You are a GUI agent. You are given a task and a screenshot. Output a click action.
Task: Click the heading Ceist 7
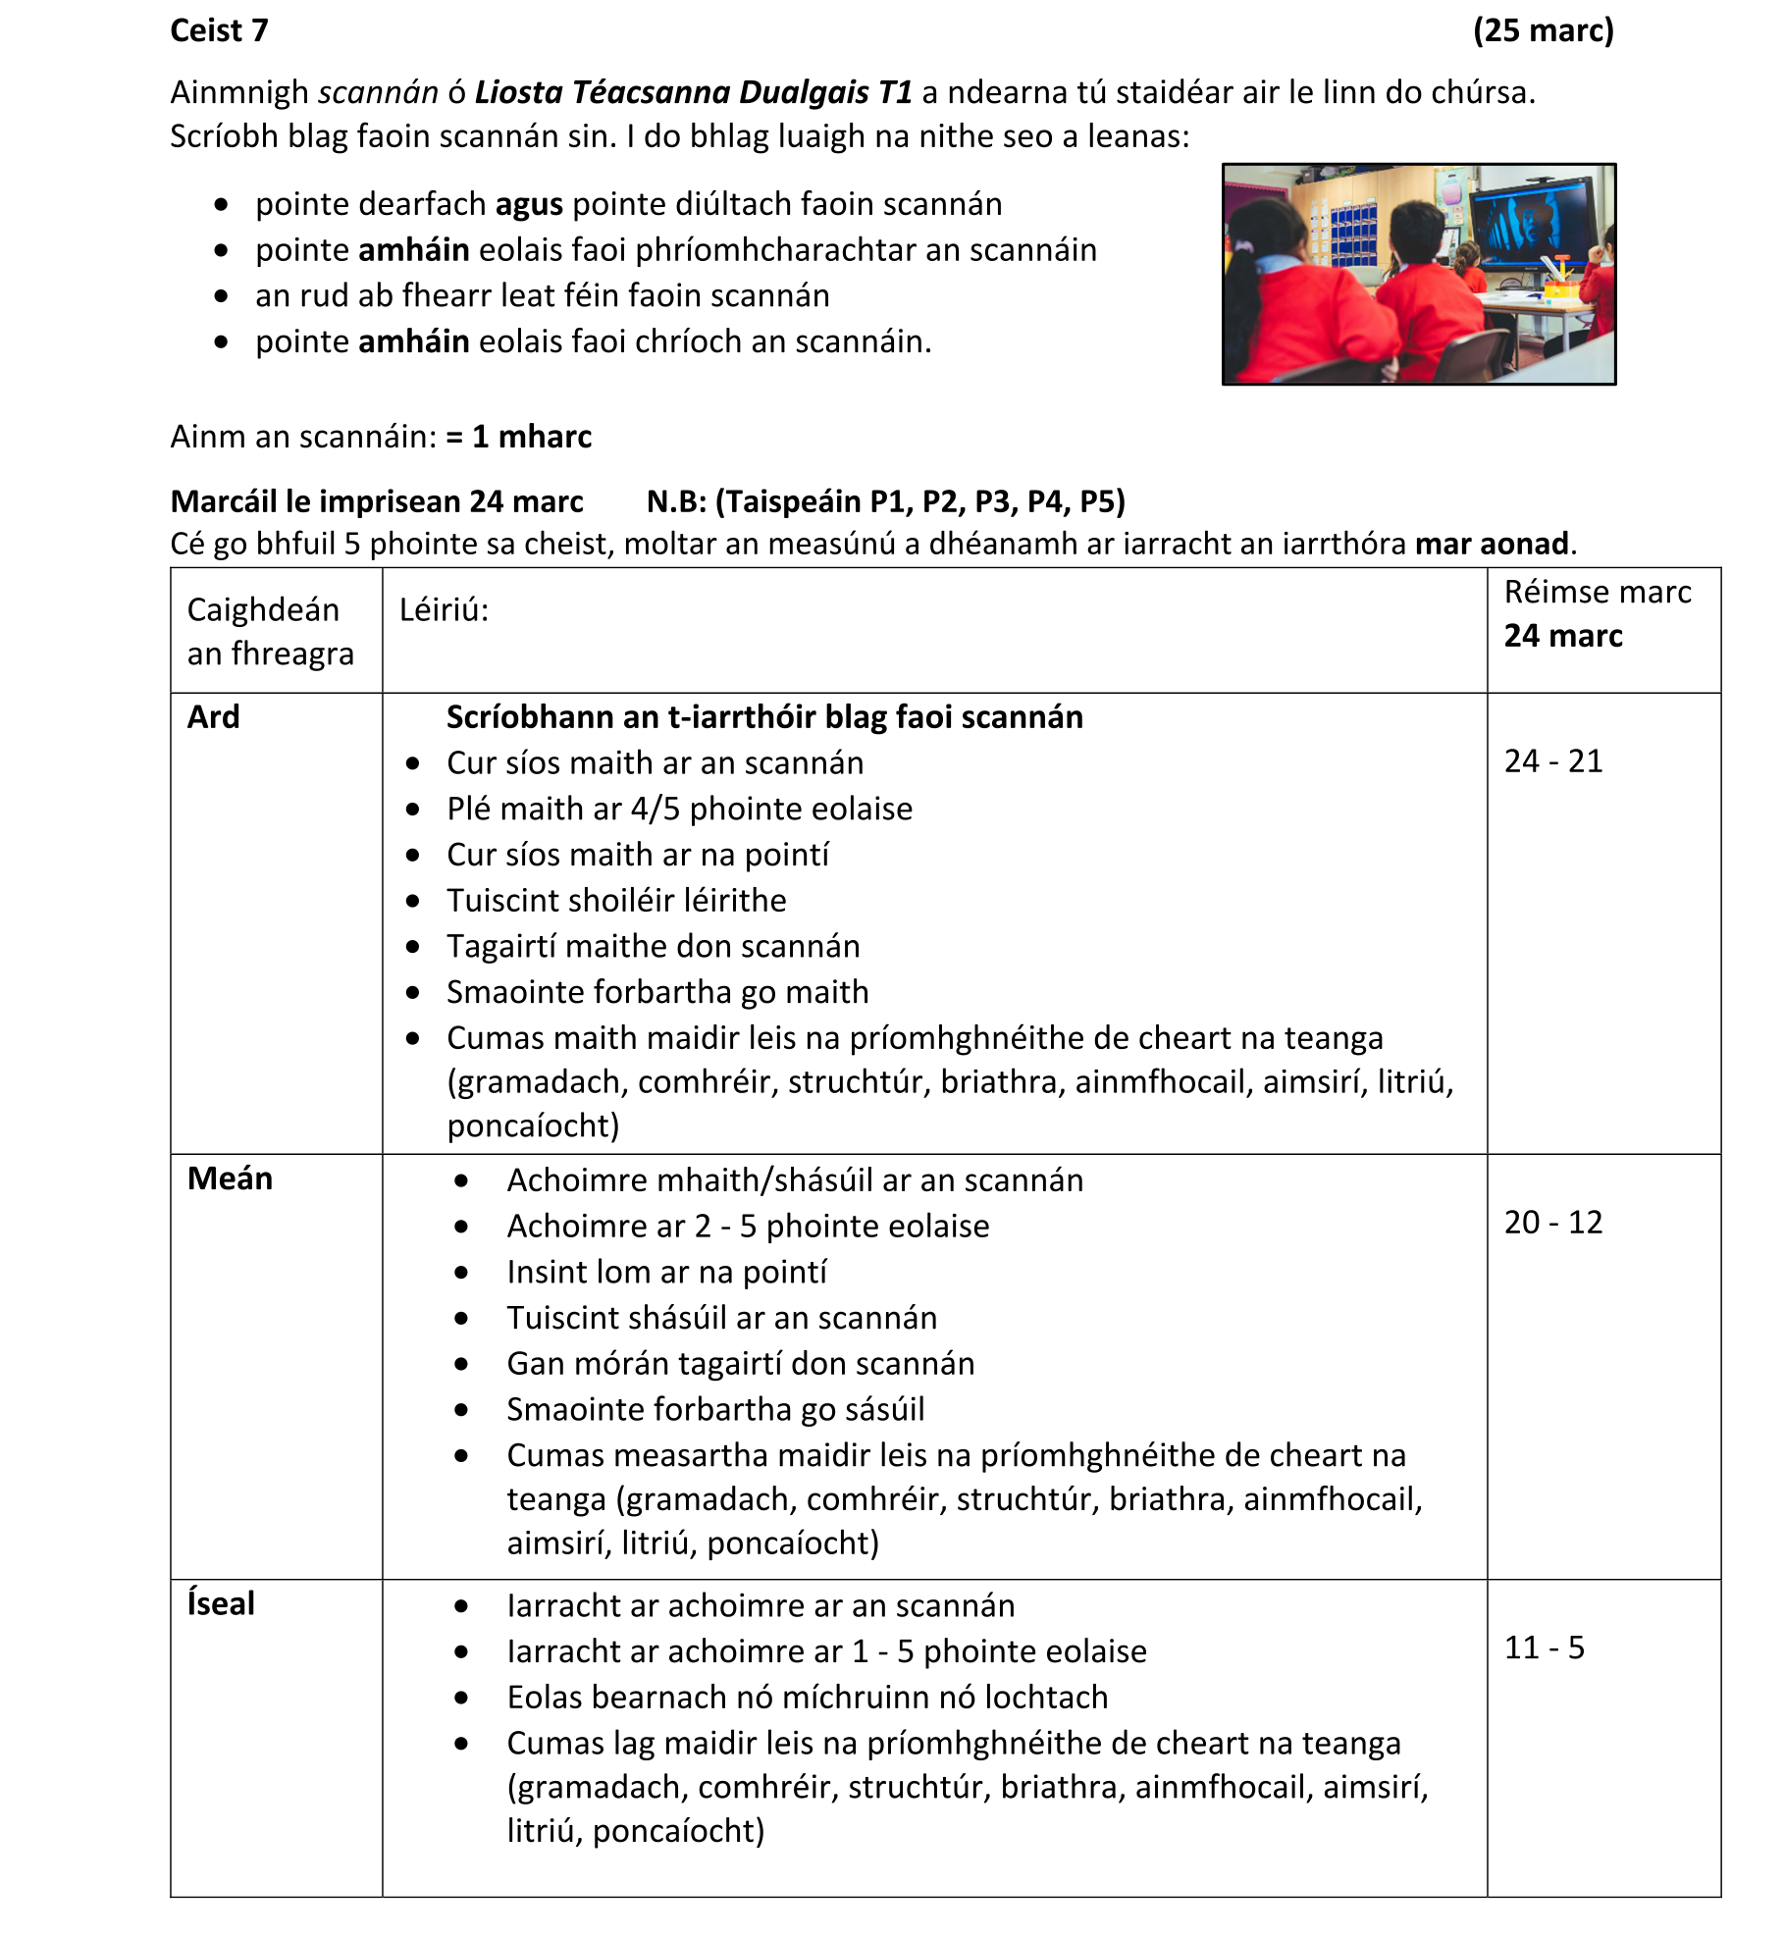coord(219,31)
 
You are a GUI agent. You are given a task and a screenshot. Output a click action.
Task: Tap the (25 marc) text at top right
coord(1543,31)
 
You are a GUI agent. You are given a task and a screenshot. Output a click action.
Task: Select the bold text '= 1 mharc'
coord(519,437)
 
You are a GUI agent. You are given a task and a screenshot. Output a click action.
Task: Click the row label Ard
coord(214,717)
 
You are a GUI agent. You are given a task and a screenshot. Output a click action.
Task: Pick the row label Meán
coord(230,1178)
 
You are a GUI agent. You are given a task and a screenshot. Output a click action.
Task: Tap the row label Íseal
coord(222,1603)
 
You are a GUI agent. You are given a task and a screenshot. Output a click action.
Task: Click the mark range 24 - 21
coord(1553,761)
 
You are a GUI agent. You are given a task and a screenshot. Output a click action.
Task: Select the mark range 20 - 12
coord(1553,1223)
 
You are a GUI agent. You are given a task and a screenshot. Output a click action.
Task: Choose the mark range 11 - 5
coord(1545,1648)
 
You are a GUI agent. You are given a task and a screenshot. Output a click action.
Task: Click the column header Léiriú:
coord(444,610)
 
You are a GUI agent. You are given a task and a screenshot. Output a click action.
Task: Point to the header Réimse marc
coord(1598,593)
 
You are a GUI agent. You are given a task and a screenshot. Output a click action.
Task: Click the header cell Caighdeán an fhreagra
coord(270,631)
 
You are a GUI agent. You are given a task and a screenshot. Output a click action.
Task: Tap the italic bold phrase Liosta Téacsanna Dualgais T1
coord(693,93)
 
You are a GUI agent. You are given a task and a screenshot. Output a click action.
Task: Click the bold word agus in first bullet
coord(529,205)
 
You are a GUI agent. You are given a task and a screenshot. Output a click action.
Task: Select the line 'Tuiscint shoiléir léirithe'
coord(616,901)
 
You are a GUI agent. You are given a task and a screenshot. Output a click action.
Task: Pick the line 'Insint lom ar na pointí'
coord(666,1273)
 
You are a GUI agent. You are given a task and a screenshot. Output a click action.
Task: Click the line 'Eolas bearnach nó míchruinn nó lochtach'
coord(807,1698)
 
